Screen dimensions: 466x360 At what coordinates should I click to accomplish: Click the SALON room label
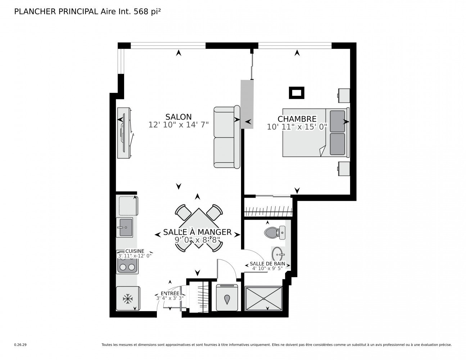178,117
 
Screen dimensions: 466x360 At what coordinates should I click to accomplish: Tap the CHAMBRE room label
297,119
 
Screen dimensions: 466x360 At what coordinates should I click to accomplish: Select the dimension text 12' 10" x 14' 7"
178,125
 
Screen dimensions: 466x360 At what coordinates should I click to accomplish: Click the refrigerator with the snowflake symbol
128,298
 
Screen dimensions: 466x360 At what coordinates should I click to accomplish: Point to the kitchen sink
125,228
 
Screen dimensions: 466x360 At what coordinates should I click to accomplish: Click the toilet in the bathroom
275,233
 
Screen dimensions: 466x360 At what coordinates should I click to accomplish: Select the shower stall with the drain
263,298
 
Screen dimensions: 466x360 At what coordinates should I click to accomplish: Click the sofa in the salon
227,137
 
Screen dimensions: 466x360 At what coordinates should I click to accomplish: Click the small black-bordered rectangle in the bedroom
297,93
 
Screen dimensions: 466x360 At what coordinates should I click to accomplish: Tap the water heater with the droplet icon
227,297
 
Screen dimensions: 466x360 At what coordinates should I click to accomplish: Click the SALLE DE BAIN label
267,264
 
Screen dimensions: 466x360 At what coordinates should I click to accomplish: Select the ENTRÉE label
170,293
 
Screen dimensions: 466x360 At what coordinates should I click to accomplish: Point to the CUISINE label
135,251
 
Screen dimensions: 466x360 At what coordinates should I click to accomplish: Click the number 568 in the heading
141,12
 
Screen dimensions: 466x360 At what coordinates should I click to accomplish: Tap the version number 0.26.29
21,345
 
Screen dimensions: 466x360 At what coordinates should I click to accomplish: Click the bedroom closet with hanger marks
268,207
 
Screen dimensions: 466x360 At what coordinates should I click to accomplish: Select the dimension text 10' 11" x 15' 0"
297,127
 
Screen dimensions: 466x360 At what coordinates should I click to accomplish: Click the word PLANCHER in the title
35,12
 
